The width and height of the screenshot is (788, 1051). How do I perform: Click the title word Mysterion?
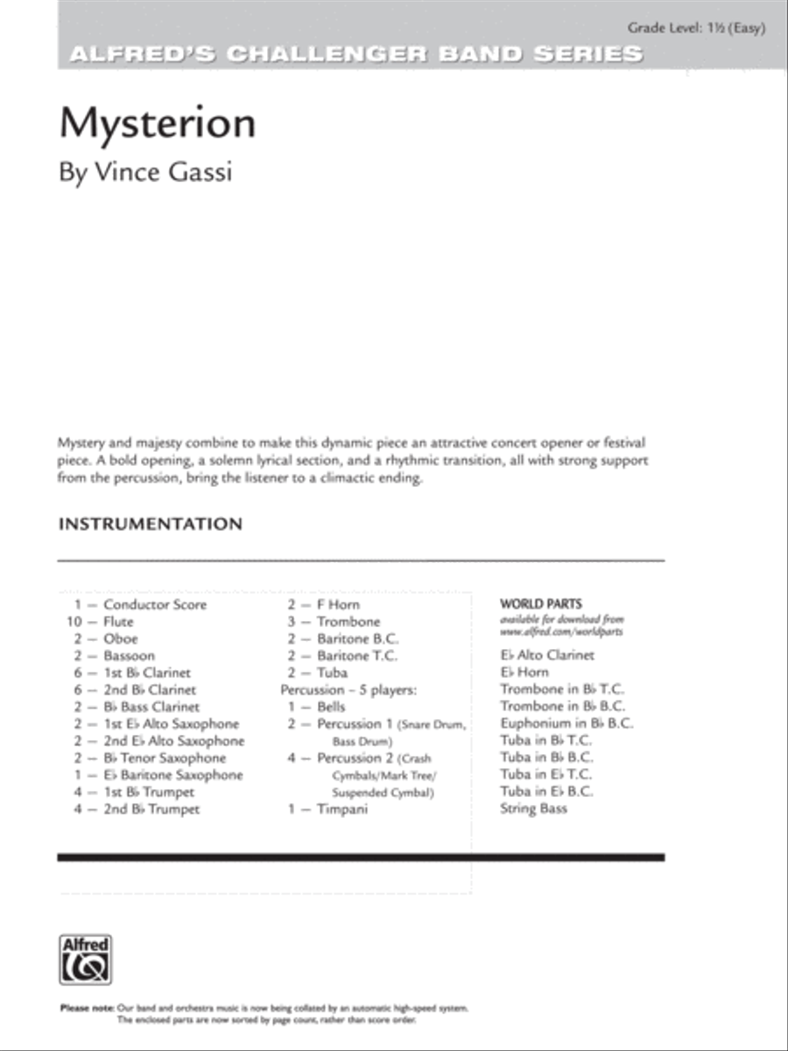tap(158, 124)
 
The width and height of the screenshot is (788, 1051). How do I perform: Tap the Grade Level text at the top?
tap(697, 28)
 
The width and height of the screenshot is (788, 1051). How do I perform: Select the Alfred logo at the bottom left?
tap(85, 960)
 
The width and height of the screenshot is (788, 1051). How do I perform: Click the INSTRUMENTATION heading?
tap(150, 525)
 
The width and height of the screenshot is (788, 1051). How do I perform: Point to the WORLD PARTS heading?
tap(540, 603)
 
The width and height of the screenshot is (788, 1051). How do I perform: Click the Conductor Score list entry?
tap(155, 604)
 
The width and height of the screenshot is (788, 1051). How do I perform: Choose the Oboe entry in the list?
tap(120, 638)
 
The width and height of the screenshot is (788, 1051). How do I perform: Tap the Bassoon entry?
tap(129, 656)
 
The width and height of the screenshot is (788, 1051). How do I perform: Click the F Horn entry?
tap(338, 604)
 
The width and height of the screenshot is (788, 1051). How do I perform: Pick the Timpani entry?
tap(342, 809)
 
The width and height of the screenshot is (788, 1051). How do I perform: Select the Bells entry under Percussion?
tap(331, 707)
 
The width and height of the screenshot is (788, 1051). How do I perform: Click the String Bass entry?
tap(533, 808)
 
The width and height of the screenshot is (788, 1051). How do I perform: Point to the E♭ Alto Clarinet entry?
tap(546, 655)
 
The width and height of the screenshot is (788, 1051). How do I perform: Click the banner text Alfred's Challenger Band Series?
tap(355, 53)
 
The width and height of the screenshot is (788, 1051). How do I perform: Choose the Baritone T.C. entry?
tap(356, 656)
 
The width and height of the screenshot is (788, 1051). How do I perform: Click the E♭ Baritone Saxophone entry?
tap(173, 775)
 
